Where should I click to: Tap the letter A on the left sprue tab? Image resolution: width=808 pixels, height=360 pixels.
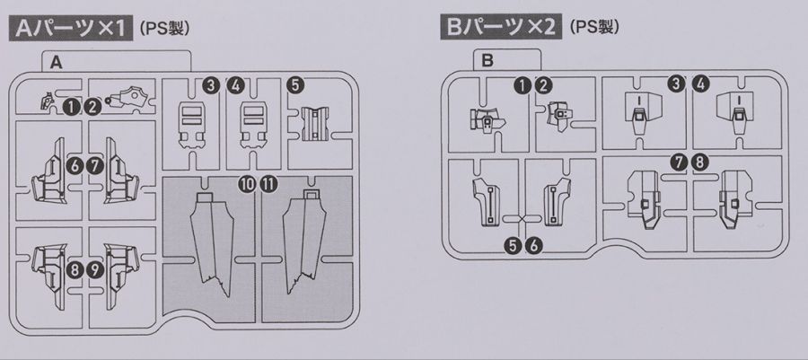pyautogui.click(x=56, y=64)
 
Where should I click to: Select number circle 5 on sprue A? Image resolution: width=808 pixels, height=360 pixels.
pyautogui.click(x=295, y=85)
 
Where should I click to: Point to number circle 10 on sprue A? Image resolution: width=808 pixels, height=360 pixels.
pyautogui.click(x=246, y=183)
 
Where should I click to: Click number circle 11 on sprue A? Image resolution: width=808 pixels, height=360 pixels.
pyautogui.click(x=268, y=183)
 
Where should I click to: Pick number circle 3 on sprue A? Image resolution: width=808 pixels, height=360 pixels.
pyautogui.click(x=209, y=85)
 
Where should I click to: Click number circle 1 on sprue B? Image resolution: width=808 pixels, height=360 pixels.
pyautogui.click(x=522, y=85)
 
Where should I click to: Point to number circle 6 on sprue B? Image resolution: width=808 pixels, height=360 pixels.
pyautogui.click(x=534, y=243)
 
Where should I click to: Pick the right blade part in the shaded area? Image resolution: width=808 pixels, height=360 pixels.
pyautogui.click(x=303, y=241)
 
